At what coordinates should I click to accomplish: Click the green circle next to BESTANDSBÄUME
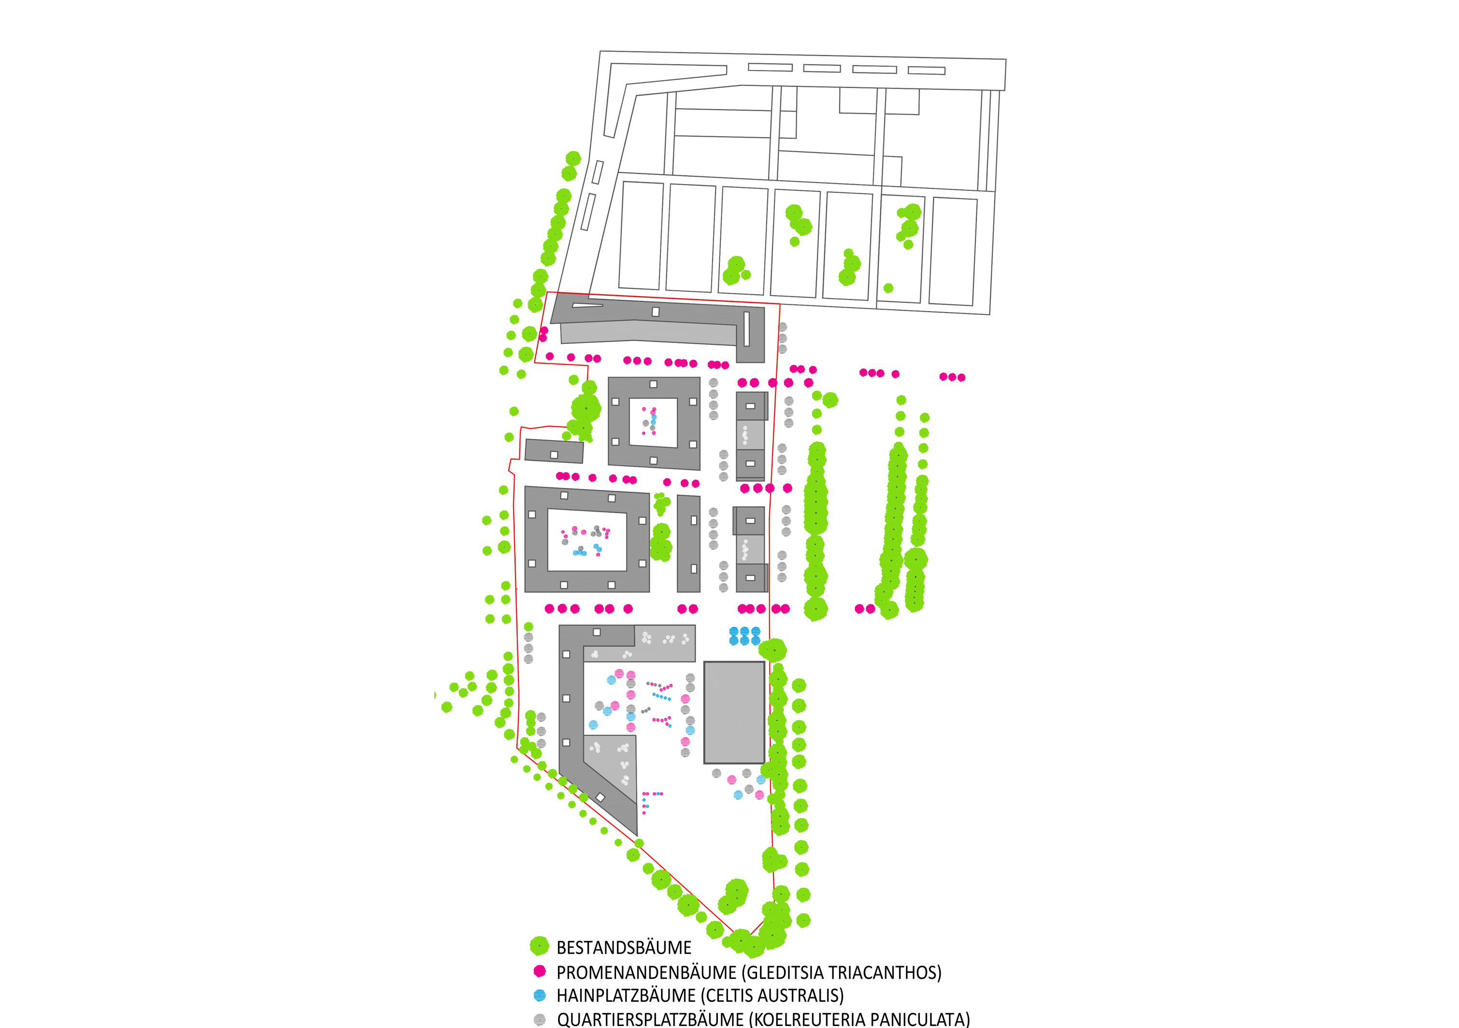(540, 946)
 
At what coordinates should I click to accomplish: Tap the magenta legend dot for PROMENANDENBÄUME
(540, 971)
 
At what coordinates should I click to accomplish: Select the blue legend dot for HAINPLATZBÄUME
(540, 995)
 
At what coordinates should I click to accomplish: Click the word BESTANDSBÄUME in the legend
(623, 947)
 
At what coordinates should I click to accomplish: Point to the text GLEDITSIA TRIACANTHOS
(843, 972)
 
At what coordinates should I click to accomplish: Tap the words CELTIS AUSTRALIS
(772, 996)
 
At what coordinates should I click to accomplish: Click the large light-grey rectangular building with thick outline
(734, 712)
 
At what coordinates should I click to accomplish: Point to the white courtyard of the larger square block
(586, 540)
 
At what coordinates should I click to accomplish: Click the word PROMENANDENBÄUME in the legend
(646, 972)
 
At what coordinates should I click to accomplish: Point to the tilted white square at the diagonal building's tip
(600, 797)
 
